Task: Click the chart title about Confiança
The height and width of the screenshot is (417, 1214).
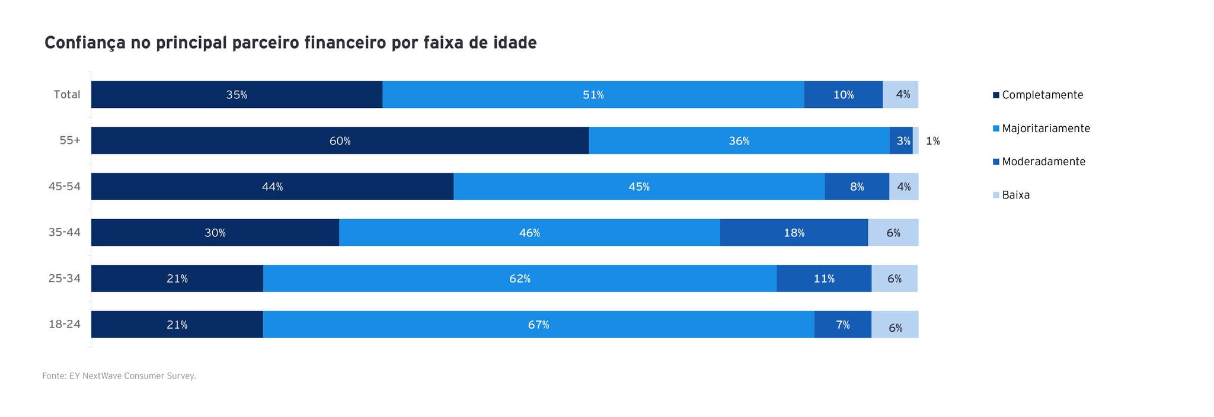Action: point(290,43)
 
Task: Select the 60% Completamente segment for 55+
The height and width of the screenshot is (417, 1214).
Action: point(340,141)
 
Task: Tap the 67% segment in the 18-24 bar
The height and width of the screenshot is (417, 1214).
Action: point(538,325)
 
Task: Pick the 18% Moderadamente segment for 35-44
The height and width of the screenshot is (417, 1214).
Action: point(794,233)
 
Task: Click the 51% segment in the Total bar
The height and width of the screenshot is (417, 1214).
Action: point(593,95)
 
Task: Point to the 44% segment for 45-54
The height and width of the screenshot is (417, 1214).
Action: point(272,187)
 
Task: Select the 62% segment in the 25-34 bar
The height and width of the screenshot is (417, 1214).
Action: point(519,278)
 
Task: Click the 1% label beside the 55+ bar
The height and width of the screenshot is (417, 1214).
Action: point(932,141)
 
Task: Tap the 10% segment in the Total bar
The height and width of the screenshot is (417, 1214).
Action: point(843,95)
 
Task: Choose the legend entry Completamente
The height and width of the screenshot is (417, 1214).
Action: point(1042,95)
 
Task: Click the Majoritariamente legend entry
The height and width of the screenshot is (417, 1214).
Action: point(1046,128)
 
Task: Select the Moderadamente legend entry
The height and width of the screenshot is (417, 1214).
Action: point(1043,162)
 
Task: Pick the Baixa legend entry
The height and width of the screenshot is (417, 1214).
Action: point(1015,195)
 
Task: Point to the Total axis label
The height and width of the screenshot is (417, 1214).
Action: point(67,95)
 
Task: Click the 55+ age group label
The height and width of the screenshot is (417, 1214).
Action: point(69,141)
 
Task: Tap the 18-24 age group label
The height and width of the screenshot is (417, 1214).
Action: point(65,325)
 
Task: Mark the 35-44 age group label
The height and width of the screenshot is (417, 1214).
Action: point(65,233)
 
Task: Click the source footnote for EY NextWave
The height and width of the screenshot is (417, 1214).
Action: point(119,376)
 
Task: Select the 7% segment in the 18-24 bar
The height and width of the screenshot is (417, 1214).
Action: point(842,325)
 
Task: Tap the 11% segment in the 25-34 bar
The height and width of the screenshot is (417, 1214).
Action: point(823,278)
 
